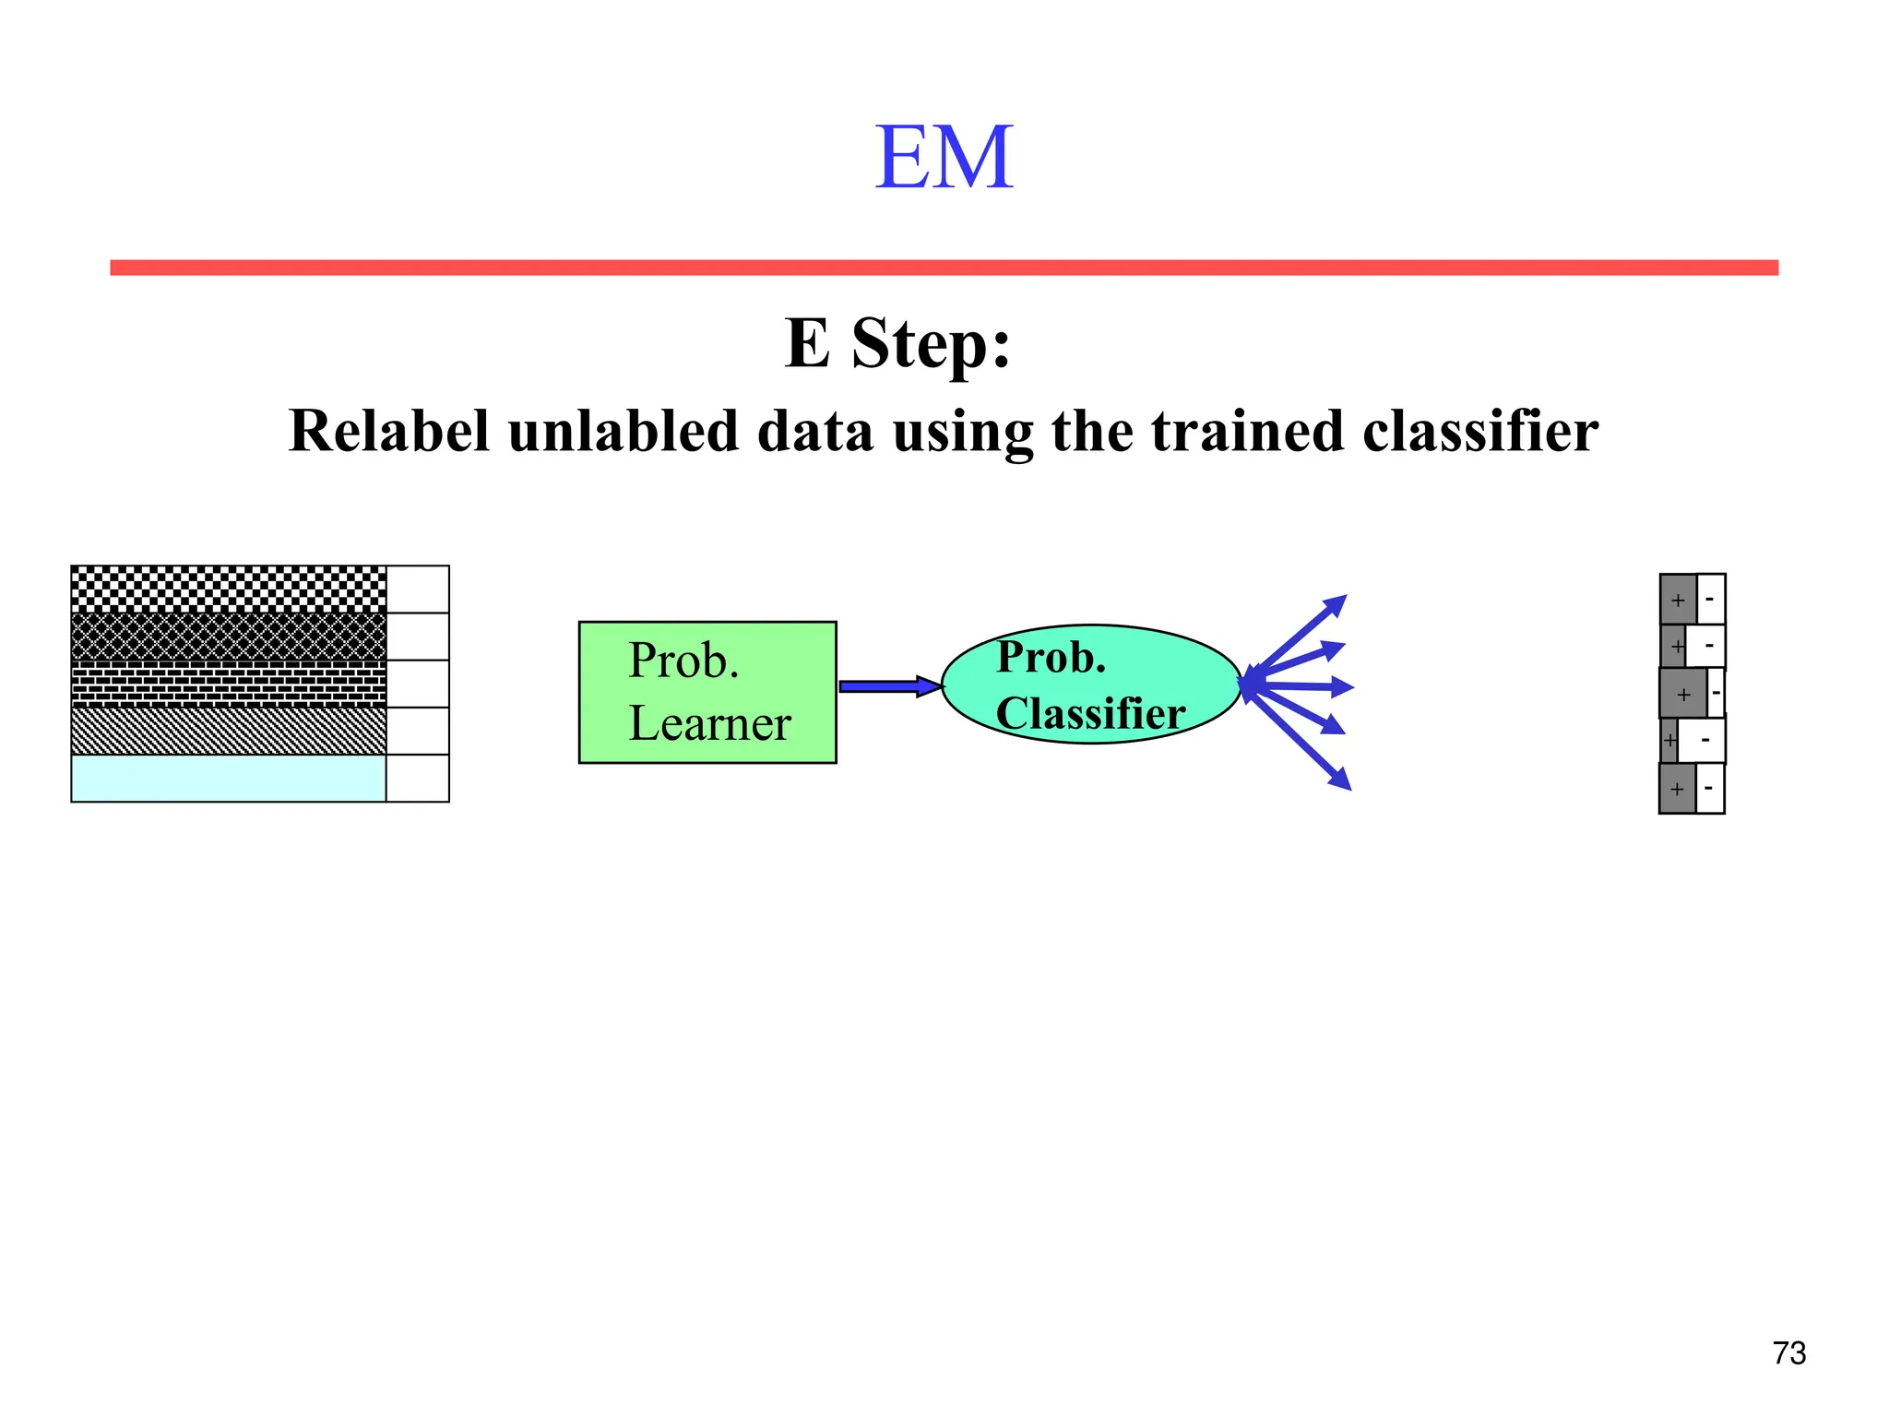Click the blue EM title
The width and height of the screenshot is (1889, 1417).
[x=944, y=158]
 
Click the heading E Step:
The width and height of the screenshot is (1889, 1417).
[x=897, y=343]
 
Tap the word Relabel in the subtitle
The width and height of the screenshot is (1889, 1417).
[x=388, y=431]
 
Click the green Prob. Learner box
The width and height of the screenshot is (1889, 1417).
[x=707, y=692]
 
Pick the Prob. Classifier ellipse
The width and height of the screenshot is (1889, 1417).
[x=1090, y=685]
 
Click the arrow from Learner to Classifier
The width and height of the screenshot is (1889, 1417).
[x=887, y=685]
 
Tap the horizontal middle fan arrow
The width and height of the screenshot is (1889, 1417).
[x=1301, y=686]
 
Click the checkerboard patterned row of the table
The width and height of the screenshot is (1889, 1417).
[x=229, y=589]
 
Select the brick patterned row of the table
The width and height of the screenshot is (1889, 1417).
[x=229, y=684]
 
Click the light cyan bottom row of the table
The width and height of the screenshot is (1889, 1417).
[x=229, y=779]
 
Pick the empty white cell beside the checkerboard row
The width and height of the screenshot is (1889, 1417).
[x=418, y=589]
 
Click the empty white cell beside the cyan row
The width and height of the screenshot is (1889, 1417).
[x=418, y=779]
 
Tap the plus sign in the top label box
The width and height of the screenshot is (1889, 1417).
[x=1678, y=601]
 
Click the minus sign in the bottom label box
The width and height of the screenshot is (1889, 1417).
[x=1708, y=788]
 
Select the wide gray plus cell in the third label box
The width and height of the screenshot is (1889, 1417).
[x=1683, y=694]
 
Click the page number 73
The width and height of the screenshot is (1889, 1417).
[x=1788, y=1352]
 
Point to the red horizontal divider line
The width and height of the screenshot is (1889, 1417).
[x=944, y=268]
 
